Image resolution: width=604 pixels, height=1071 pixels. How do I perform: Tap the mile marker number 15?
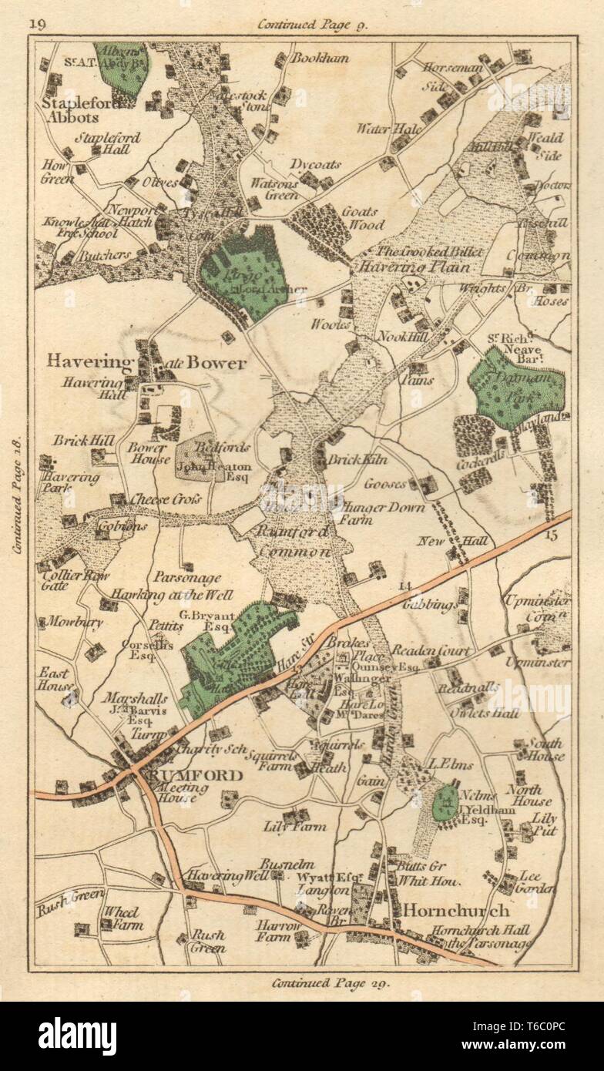[548, 534]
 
